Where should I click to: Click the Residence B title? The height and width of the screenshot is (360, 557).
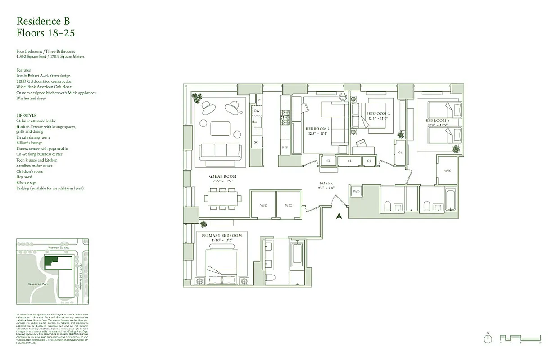coord(43,21)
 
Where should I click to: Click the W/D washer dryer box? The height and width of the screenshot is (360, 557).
coord(357,191)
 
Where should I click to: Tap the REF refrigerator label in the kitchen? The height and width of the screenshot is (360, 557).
coord(285,147)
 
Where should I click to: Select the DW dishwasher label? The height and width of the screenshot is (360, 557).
coord(257,111)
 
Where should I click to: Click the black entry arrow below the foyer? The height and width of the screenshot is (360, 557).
coord(340,216)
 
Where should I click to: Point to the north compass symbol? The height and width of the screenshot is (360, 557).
coord(488,339)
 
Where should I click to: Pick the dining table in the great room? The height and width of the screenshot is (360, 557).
coord(222,198)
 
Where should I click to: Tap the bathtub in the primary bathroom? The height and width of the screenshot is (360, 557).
coord(297,254)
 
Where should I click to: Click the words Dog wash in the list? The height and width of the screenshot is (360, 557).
coord(24,177)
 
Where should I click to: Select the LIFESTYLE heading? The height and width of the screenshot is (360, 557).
coord(26,116)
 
